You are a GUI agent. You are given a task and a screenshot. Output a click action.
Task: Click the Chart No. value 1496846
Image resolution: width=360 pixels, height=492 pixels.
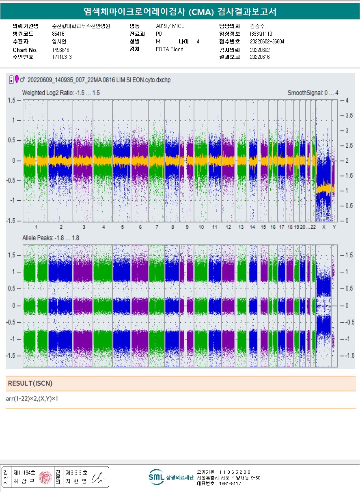pos(60,50)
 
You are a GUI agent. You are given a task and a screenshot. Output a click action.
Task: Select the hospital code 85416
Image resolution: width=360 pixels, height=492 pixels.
pos(58,34)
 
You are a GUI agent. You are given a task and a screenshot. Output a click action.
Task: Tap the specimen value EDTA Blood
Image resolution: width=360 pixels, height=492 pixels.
pos(169,49)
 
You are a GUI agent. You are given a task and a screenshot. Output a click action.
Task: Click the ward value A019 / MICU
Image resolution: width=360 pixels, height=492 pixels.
pos(170,26)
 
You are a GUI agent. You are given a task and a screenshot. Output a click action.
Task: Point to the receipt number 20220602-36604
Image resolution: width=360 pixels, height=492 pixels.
pos(267,42)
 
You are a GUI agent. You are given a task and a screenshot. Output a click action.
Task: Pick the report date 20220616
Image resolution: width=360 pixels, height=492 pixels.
pos(260,57)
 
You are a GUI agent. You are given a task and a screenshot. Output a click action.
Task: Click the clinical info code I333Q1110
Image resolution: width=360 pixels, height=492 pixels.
pos(261,34)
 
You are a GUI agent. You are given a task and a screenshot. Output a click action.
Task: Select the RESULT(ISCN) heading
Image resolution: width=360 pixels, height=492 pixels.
pos(30,383)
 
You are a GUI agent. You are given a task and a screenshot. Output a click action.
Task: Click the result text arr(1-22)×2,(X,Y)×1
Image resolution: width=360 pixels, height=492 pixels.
pos(32,399)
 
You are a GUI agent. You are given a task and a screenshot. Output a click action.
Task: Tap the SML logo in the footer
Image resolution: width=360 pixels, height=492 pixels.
pos(156,477)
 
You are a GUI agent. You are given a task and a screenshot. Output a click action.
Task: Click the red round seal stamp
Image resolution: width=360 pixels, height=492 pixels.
pos(45,477)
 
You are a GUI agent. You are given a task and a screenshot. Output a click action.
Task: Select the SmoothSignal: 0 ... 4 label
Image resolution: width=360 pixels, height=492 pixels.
pos(313,93)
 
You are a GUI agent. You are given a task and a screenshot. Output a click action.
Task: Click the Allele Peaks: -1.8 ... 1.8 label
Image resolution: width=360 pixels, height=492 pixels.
pos(51,238)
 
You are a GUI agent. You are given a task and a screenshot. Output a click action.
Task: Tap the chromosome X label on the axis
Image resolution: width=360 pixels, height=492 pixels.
pos(324,227)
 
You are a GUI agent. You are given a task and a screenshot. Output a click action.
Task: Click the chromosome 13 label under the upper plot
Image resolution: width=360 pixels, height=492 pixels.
pos(241,227)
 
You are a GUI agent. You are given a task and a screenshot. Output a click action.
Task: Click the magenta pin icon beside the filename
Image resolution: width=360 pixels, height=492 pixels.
pos(17,79)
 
